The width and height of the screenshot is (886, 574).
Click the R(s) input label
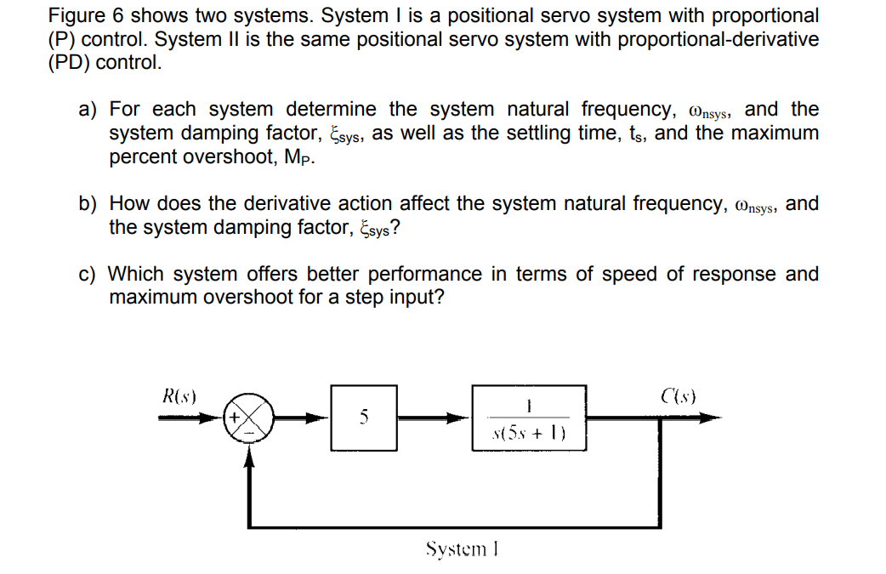pyautogui.click(x=179, y=395)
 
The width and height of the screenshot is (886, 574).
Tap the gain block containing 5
pyautogui.click(x=364, y=418)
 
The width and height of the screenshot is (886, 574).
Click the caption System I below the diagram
pyautogui.click(x=461, y=549)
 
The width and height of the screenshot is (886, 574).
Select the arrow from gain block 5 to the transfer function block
pyautogui.click(x=434, y=418)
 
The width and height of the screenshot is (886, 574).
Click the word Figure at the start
pyautogui.click(x=74, y=15)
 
